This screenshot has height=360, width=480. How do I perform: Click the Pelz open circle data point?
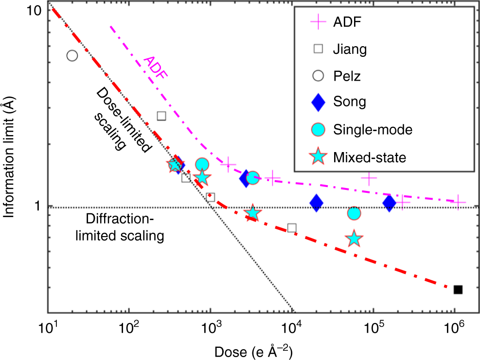(72, 55)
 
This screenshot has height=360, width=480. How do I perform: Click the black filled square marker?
(458, 290)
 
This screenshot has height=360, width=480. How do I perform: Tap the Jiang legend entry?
(350, 49)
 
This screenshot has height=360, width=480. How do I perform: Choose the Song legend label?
(350, 102)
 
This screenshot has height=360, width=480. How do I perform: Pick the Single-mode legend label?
(373, 129)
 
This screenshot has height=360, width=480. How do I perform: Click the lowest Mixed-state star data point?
(355, 239)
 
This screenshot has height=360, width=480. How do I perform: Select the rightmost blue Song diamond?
(389, 203)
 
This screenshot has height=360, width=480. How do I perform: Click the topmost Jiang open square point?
(161, 116)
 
